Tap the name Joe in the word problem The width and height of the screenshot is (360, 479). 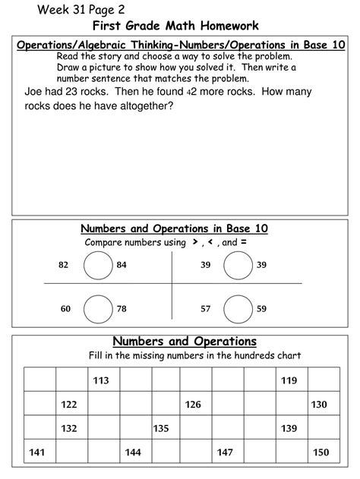click(x=33, y=93)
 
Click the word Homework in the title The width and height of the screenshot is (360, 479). click(x=227, y=26)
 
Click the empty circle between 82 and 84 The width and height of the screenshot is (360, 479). click(x=97, y=265)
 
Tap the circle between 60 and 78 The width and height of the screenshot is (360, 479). click(x=97, y=309)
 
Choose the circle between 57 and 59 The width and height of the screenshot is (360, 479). click(x=238, y=309)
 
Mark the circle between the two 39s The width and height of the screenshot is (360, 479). click(x=238, y=265)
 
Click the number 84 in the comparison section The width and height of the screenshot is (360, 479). click(x=122, y=265)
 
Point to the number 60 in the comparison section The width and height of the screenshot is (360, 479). click(x=65, y=309)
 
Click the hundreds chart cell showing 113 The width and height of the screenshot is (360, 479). click(x=101, y=380)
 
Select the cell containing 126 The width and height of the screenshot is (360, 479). click(x=193, y=405)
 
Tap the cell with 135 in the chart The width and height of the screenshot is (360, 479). click(x=161, y=428)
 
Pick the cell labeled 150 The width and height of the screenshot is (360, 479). click(x=321, y=452)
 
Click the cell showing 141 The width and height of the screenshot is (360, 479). click(x=38, y=452)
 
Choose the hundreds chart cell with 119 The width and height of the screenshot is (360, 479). click(x=289, y=380)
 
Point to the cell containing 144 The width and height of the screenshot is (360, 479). click(x=132, y=452)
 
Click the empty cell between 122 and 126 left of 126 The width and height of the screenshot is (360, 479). click(x=164, y=405)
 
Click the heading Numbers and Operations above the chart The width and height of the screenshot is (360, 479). click(x=185, y=342)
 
